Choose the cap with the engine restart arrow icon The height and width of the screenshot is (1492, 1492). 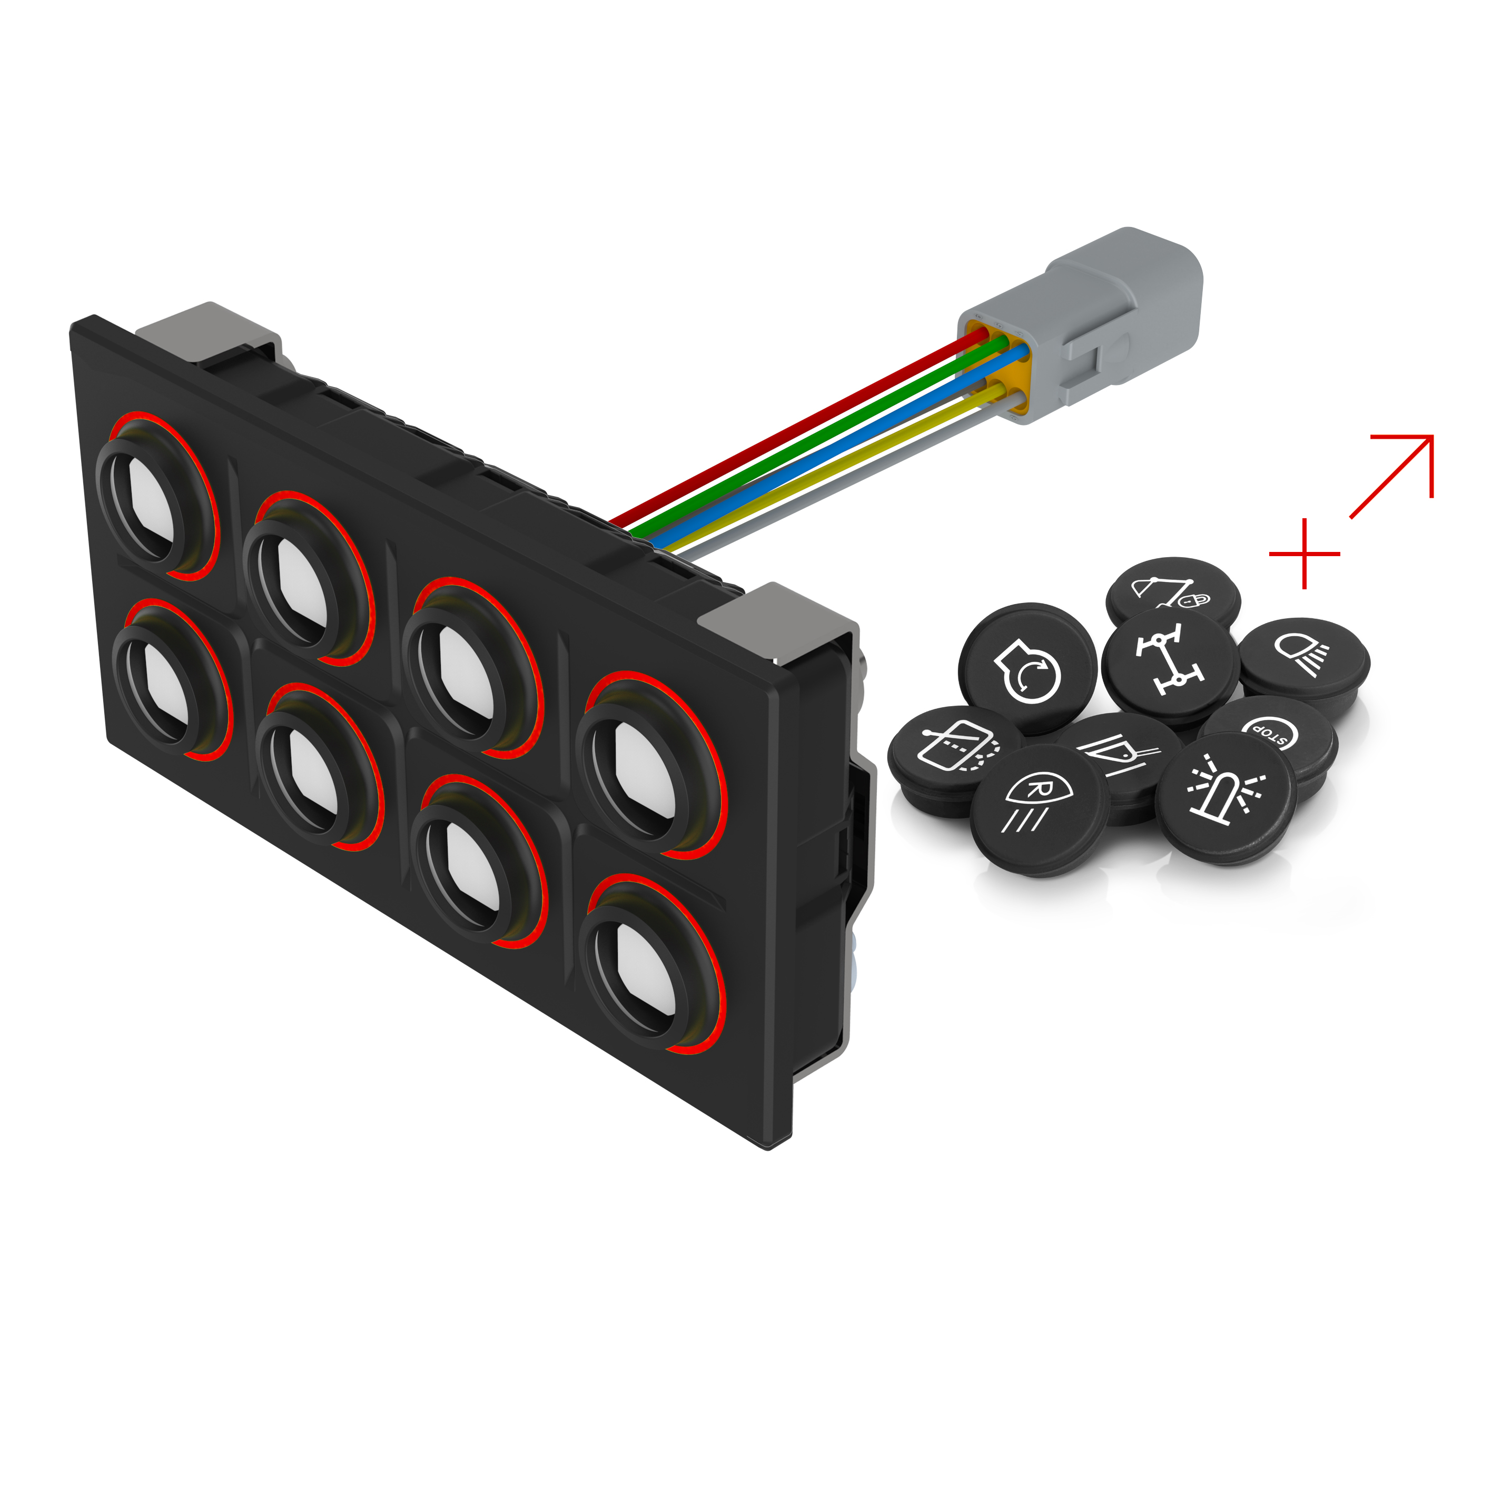click(1027, 668)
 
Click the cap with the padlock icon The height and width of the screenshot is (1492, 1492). click(1172, 591)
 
